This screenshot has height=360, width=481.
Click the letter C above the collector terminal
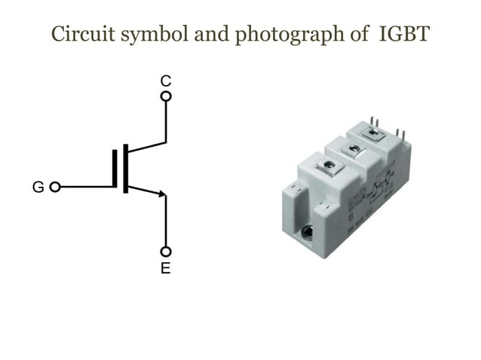pyautogui.click(x=165, y=80)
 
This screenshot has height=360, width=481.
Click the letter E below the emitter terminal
pyautogui.click(x=165, y=269)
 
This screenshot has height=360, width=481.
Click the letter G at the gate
pyautogui.click(x=38, y=187)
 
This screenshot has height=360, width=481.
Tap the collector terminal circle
pyautogui.click(x=166, y=96)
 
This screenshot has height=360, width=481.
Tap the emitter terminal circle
pyautogui.click(x=166, y=252)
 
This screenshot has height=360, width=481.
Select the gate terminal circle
pyautogui.click(x=54, y=187)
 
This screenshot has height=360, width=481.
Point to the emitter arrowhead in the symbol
pyautogui.click(x=161, y=194)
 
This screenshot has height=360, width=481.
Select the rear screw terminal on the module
pyautogui.click(x=372, y=133)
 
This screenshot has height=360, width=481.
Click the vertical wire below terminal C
pyautogui.click(x=166, y=121)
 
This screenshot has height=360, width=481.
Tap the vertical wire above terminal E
pyautogui.click(x=166, y=222)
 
